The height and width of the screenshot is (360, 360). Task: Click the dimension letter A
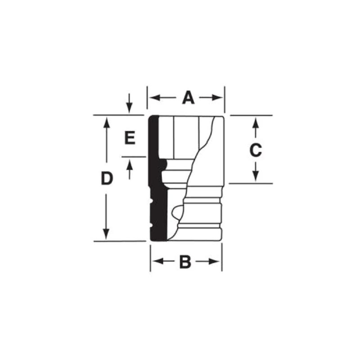(188, 98)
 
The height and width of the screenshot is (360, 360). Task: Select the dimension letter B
(185, 261)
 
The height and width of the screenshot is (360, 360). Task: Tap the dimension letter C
(256, 150)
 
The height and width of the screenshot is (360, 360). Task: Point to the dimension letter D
(106, 179)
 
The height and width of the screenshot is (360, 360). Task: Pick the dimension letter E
(130, 138)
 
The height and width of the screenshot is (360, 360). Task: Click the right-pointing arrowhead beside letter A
(219, 98)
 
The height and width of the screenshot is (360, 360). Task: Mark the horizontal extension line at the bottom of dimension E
(134, 157)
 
